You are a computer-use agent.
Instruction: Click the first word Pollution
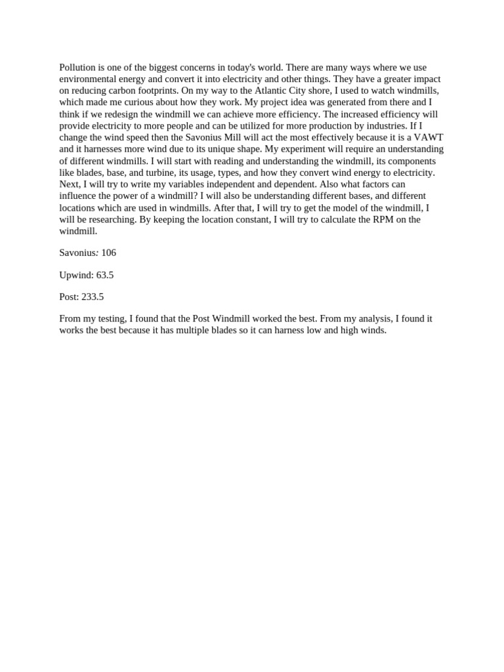(x=77, y=68)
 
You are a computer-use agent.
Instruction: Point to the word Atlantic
(x=271, y=91)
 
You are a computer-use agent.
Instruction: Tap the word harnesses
(x=98, y=149)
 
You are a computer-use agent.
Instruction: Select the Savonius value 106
(x=109, y=253)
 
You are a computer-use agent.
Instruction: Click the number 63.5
(x=105, y=275)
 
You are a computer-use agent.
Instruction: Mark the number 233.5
(x=93, y=297)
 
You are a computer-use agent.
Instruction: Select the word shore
(x=318, y=91)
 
